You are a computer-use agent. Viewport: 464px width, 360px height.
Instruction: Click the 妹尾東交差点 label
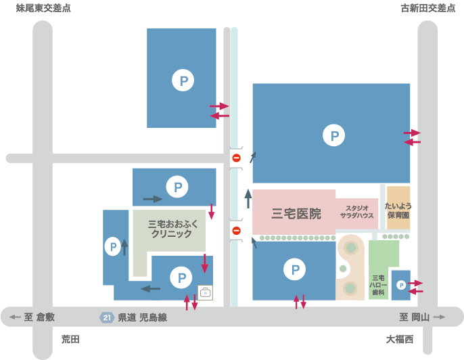43,8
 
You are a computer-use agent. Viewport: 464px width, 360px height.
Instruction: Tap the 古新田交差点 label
428,8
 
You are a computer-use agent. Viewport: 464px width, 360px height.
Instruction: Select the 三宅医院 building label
296,213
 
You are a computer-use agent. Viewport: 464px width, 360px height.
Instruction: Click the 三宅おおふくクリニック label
172,229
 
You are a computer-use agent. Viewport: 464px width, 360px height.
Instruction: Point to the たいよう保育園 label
398,210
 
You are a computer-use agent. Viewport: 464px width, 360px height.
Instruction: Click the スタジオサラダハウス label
357,212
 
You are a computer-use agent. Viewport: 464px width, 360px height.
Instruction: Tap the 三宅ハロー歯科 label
378,285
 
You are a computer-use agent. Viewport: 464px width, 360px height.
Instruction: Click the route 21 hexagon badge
107,317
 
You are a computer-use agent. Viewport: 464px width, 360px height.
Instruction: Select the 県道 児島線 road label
143,317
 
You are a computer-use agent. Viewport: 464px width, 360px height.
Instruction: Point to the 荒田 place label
70,339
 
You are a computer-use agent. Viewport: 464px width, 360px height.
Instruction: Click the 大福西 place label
400,339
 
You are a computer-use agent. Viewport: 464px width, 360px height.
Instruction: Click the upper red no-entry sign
237,158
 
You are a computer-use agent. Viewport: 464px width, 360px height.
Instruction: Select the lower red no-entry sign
237,230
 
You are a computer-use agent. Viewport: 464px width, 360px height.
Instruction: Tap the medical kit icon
205,293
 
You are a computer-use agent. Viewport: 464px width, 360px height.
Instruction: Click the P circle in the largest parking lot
334,135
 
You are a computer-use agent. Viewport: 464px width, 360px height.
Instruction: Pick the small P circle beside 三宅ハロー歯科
401,285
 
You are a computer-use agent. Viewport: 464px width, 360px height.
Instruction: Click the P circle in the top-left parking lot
183,80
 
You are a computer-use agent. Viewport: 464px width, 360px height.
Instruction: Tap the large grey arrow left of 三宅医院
248,199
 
